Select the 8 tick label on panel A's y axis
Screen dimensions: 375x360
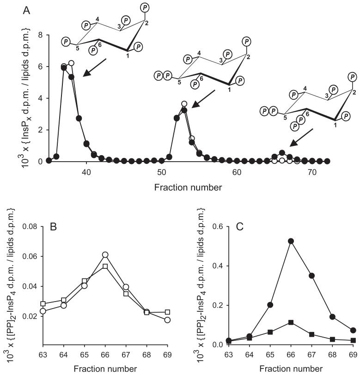click(41, 35)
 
